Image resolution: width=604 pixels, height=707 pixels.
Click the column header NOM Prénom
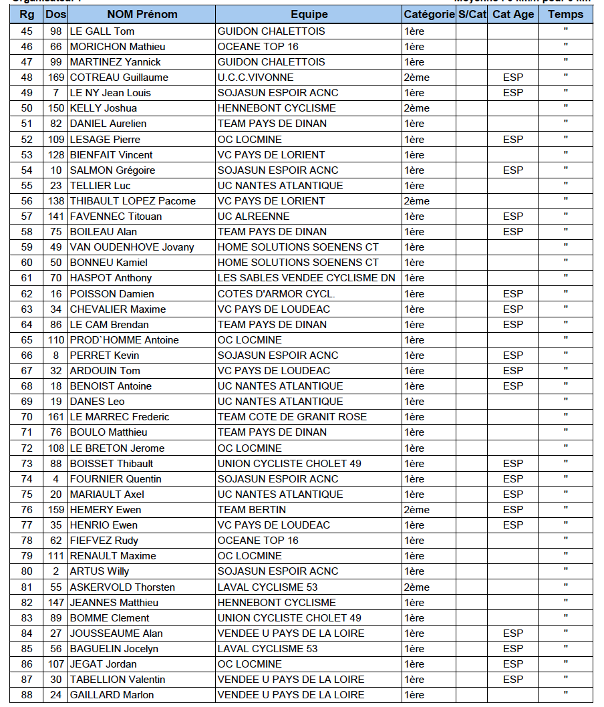[x=142, y=14]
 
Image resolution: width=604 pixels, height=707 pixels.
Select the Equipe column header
[x=309, y=14]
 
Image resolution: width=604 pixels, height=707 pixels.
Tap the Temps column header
[x=565, y=14]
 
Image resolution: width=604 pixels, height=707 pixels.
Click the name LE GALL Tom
[x=102, y=31]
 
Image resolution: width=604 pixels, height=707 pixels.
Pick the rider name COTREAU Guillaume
[x=119, y=78]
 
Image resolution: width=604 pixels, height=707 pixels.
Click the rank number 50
[x=27, y=108]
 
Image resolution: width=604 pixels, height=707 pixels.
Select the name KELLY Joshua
[x=104, y=108]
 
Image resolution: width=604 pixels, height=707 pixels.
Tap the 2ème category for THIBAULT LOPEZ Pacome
[x=417, y=201]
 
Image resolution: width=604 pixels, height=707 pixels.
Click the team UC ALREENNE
[x=254, y=217]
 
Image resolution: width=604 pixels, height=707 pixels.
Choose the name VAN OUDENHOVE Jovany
[x=132, y=247]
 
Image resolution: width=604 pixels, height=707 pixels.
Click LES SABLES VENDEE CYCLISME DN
[x=306, y=278]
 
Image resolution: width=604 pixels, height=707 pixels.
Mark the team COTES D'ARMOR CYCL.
[x=277, y=294]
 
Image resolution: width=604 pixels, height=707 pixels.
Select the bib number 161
[x=56, y=417]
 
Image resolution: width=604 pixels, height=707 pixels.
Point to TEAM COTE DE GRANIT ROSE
[x=292, y=417]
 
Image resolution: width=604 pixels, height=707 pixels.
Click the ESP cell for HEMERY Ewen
[x=513, y=510]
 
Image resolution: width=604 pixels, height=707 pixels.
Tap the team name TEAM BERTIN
[x=252, y=510]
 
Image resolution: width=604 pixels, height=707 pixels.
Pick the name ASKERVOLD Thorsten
[x=122, y=587]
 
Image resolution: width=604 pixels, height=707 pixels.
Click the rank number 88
[x=27, y=695]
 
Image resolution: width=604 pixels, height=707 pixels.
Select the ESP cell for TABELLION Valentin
[x=513, y=680]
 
